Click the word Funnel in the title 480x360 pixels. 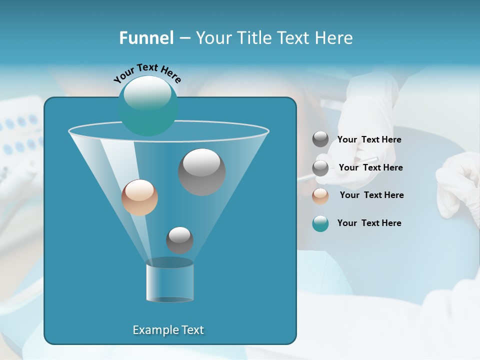pos(146,38)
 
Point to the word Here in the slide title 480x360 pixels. pos(334,38)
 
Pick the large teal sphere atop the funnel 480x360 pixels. pos(148,106)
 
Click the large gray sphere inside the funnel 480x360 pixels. pos(201,172)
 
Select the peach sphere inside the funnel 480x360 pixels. pos(139,197)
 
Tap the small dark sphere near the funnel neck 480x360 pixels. pos(179,240)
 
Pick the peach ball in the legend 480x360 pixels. pos(320,196)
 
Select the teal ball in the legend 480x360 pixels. pos(320,223)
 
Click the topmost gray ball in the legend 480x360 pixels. pos(320,139)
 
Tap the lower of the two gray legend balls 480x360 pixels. pos(320,168)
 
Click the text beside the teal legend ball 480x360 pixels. pos(369,223)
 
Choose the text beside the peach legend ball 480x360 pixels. pos(371,195)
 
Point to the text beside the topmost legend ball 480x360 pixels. pos(369,139)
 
